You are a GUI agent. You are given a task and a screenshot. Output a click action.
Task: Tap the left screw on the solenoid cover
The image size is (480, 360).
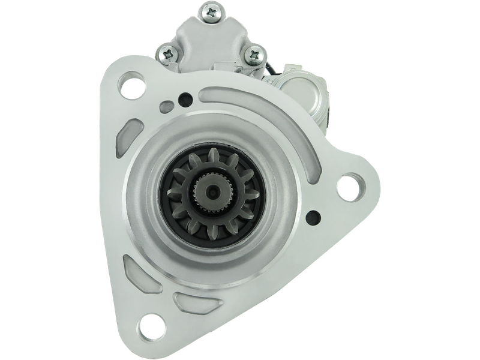tap(167, 54)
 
